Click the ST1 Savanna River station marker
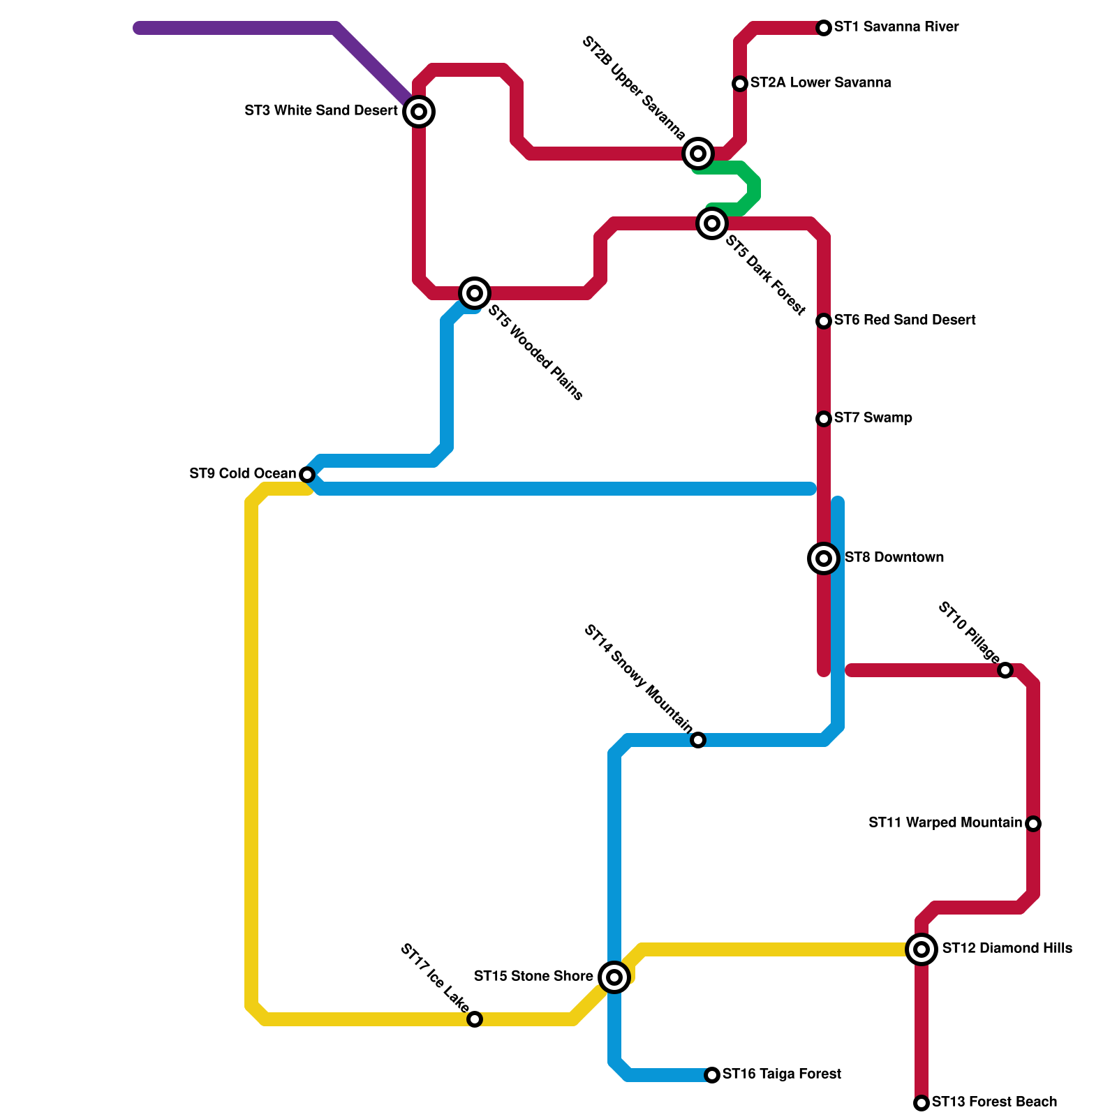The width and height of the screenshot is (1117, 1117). pos(824,28)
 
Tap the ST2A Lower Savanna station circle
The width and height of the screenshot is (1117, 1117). pos(740,84)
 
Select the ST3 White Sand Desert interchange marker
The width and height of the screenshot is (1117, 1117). pos(419,112)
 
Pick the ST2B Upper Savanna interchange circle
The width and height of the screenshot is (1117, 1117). pos(698,154)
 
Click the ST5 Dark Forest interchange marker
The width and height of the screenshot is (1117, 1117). pos(712,223)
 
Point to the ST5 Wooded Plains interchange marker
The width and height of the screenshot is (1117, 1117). pos(475,293)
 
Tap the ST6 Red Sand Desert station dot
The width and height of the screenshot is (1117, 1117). pos(824,321)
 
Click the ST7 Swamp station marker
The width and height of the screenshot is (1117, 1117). pos(824,419)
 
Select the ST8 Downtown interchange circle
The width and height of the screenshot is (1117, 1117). pos(824,558)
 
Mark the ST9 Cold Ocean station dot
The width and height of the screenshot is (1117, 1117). pos(307,475)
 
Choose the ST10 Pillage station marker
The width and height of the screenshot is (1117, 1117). pos(1005,670)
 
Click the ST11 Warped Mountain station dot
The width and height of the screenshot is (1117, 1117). pos(1033,824)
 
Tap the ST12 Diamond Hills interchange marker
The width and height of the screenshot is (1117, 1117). pos(922,949)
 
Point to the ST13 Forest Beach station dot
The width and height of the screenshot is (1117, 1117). pos(922,1103)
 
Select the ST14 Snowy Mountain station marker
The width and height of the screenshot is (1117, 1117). pos(698,740)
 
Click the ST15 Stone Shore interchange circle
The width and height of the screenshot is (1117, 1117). pos(614,977)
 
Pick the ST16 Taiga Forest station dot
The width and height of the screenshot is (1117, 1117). pos(712,1075)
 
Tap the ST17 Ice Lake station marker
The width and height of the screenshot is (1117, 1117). pos(475,1019)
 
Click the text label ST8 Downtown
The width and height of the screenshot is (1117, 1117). pos(894,558)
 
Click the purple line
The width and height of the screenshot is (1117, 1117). pos(237,28)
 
